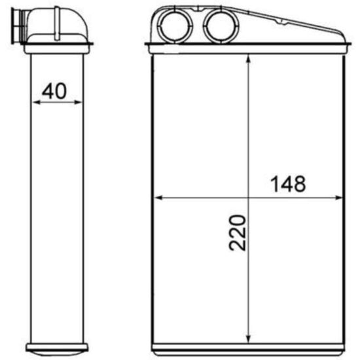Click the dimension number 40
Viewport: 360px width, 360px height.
coord(54,91)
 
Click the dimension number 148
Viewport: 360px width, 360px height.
coord(288,184)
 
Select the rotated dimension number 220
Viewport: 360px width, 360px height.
coord(238,232)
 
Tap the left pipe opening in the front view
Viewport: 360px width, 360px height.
coord(175,25)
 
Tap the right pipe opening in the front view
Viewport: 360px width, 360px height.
coord(221,25)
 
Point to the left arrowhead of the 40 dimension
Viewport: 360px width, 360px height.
coord(36,102)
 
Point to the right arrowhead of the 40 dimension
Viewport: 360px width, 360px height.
coord(78,102)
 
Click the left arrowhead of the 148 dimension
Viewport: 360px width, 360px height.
coord(158,198)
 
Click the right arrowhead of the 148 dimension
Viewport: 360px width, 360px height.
coord(338,198)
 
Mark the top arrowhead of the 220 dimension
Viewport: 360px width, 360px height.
coord(248,58)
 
